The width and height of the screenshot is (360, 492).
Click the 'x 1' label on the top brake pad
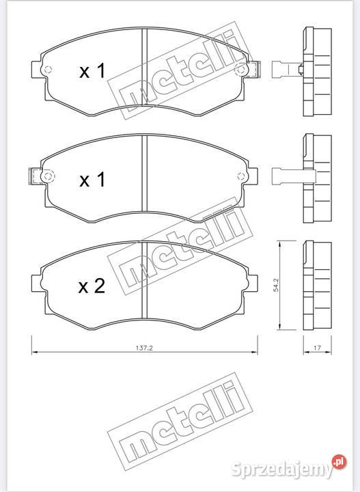[x=92, y=72]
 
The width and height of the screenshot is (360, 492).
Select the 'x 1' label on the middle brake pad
[x=92, y=180]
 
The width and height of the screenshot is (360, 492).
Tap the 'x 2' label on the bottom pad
[x=92, y=286]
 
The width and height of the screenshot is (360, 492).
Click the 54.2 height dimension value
[x=276, y=284]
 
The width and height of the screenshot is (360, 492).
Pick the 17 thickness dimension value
[x=316, y=348]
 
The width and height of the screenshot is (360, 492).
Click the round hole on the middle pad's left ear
[x=47, y=176]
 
